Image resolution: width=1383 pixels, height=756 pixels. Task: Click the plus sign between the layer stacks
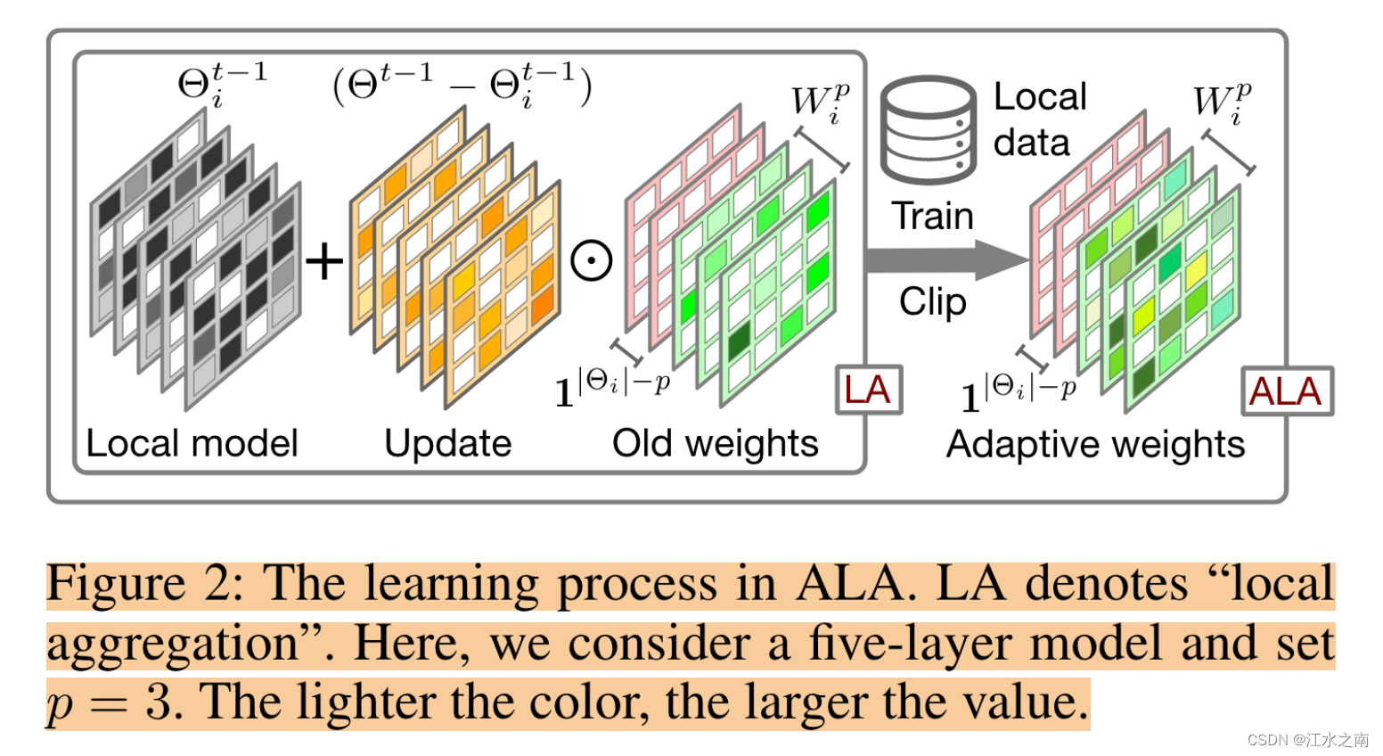coord(323,261)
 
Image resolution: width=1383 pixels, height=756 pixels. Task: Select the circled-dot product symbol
coord(591,261)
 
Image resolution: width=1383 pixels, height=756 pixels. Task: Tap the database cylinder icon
coord(928,129)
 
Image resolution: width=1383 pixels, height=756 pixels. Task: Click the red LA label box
coord(868,390)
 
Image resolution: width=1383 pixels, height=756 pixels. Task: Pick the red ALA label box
coord(1286,391)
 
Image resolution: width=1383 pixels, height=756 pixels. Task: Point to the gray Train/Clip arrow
coord(945,260)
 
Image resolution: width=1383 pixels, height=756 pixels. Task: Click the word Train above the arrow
coord(932,217)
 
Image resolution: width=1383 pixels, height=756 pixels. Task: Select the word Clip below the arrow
coord(932,301)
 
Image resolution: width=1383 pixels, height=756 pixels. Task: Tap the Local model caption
coord(192,443)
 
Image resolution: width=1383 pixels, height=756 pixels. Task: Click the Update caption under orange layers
coord(447,443)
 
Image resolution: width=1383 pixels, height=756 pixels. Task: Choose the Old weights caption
coord(715,443)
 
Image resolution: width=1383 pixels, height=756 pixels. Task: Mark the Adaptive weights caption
coord(1095,444)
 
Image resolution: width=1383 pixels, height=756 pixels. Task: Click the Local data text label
coord(1039,119)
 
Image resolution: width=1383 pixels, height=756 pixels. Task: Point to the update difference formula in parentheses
coord(462,86)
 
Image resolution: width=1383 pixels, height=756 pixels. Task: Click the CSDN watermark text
coord(1307,740)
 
